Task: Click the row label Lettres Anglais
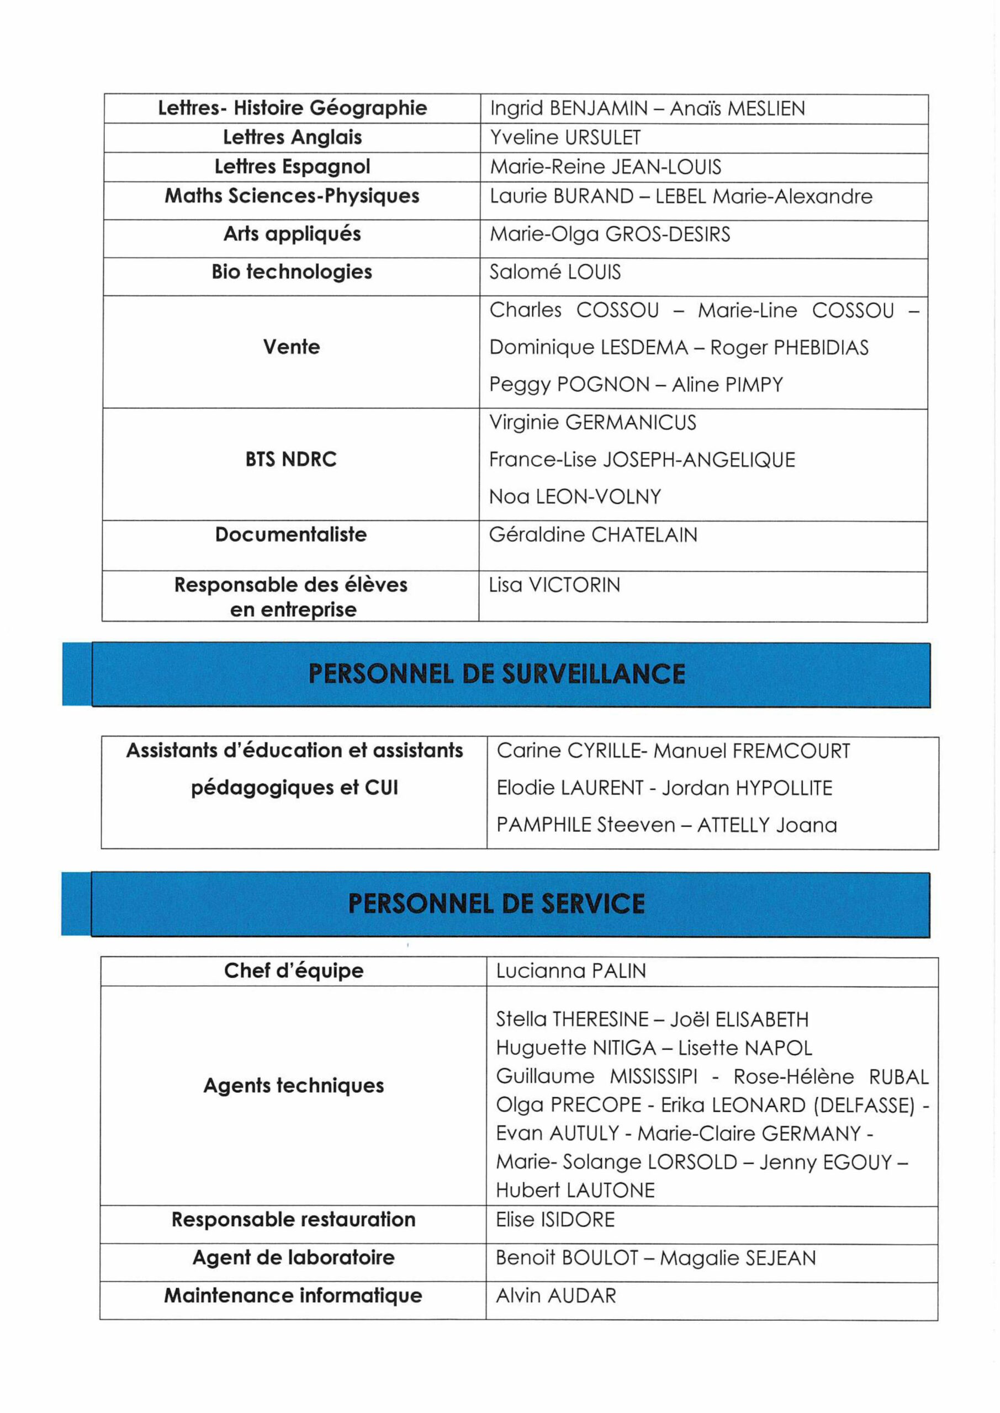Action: pos(292,137)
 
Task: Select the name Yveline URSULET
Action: pos(565,138)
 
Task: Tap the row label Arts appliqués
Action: pos(292,235)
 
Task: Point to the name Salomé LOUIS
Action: pos(555,272)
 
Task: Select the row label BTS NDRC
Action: pos(290,460)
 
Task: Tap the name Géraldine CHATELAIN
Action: pos(592,535)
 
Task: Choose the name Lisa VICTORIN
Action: pos(554,585)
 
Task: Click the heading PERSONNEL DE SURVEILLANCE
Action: pos(496,674)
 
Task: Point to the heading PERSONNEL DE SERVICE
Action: pos(496,904)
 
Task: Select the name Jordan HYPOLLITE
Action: pos(747,788)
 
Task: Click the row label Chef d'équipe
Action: pos(294,971)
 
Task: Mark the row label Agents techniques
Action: pos(294,1086)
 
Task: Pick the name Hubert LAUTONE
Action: pos(575,1191)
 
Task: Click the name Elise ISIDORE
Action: pos(555,1220)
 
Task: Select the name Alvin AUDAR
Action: pos(555,1297)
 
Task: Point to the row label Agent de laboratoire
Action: pos(293,1257)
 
